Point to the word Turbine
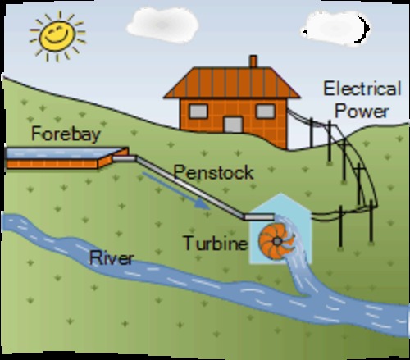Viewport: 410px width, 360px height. (214, 244)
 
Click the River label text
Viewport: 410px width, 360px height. (112, 260)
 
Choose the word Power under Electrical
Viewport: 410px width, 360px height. (362, 110)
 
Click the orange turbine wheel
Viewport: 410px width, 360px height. (276, 237)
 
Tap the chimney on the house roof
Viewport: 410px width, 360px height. (253, 62)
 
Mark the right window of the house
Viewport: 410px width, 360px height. (264, 111)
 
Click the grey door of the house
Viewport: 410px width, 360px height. (234, 125)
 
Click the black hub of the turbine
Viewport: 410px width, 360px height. (276, 238)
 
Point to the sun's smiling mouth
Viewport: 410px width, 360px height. (57, 38)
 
